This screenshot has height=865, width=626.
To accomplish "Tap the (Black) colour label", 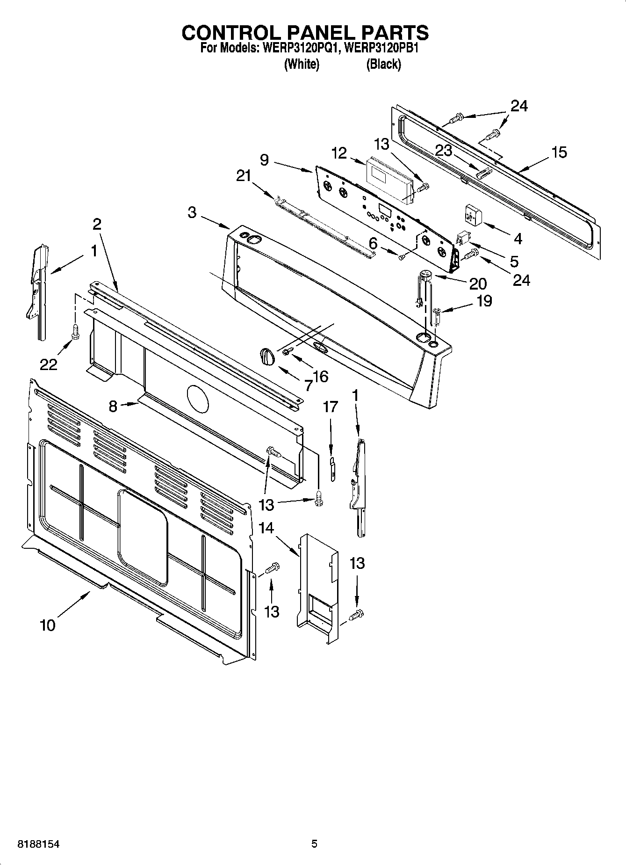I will point(383,64).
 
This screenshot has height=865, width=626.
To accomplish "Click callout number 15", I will point(559,152).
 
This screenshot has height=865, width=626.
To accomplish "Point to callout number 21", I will point(244,176).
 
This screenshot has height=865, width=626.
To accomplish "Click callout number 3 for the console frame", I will point(192,212).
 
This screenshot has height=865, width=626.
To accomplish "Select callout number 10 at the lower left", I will point(48,625).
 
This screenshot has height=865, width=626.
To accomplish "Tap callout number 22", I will point(48,364).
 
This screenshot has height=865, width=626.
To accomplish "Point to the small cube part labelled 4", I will point(473,215).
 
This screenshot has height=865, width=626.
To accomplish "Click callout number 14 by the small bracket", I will point(266,528).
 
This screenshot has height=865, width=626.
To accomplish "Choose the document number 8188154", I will point(38,844).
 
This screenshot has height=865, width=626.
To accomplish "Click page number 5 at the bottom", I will point(314,844).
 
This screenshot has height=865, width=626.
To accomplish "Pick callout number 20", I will point(478,283).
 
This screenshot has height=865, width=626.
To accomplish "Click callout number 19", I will point(484,300).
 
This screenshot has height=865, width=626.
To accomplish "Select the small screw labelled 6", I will point(401,256).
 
